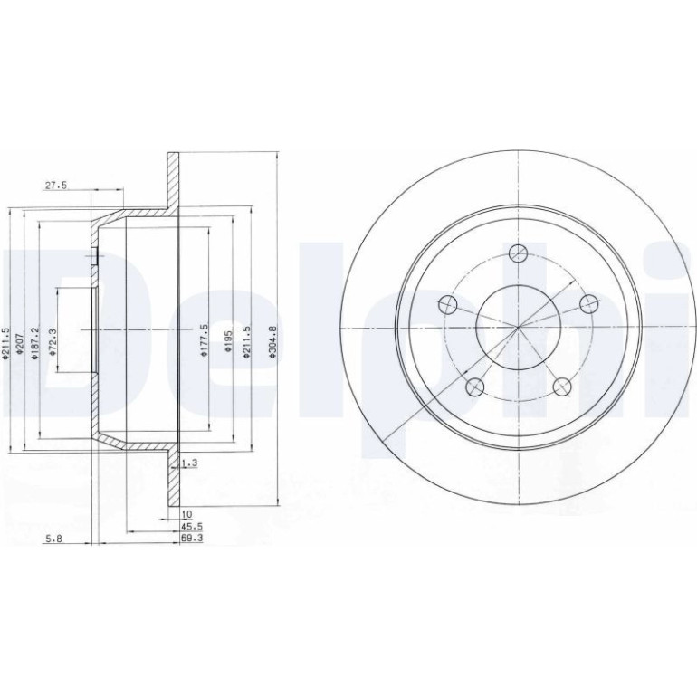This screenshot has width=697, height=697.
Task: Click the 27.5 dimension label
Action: (x=55, y=186)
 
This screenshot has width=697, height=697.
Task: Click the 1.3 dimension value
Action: (x=189, y=463)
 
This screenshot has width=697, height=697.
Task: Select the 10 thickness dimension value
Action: (x=186, y=514)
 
